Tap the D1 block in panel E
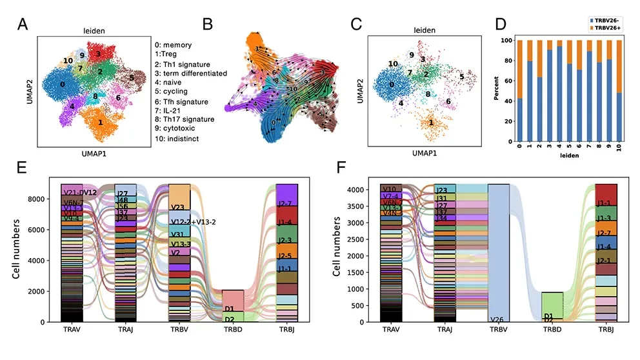coord(229,310)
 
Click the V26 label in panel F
coord(497,319)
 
